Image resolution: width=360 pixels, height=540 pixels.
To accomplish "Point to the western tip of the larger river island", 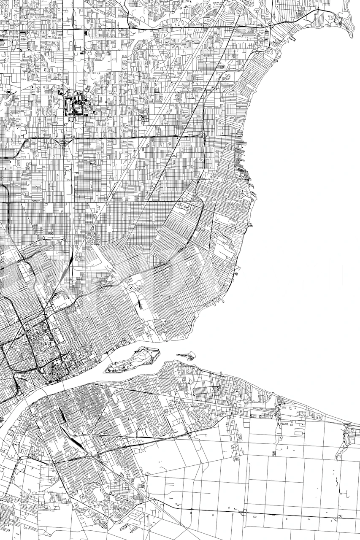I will [105, 371].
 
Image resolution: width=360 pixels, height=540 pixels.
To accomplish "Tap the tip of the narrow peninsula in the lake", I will [351, 36].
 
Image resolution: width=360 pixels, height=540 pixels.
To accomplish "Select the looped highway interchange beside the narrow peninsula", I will [338, 19].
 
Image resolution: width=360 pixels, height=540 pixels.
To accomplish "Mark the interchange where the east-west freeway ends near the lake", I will [203, 136].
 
